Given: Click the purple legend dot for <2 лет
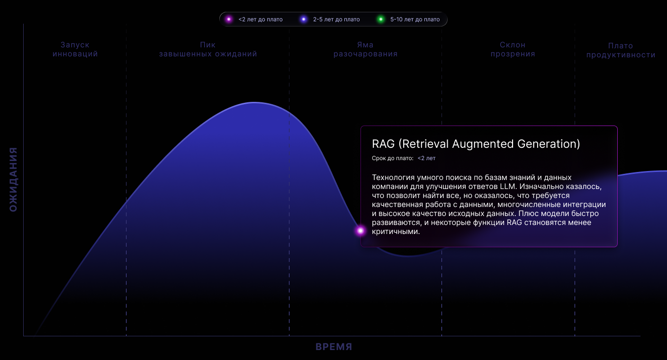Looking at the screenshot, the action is pyautogui.click(x=229, y=19).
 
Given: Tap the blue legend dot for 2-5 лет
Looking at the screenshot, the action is pyautogui.click(x=304, y=19).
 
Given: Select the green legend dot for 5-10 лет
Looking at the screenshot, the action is pyautogui.click(x=380, y=19).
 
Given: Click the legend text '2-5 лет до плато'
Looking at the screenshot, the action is pyautogui.click(x=336, y=19).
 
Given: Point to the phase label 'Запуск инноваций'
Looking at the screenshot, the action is pyautogui.click(x=75, y=49).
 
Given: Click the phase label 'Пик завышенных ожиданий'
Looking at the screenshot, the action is pyautogui.click(x=208, y=49).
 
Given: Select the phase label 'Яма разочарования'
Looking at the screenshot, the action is pyautogui.click(x=365, y=49).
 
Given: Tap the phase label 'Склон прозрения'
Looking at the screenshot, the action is pyautogui.click(x=513, y=49).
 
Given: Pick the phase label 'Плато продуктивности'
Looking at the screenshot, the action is pyautogui.click(x=621, y=50).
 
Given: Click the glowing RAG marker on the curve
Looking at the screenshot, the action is pyautogui.click(x=361, y=231).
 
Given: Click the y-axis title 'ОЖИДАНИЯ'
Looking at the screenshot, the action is pyautogui.click(x=13, y=180).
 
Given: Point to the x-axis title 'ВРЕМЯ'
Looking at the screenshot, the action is pyautogui.click(x=334, y=347).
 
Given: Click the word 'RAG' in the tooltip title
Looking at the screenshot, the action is pyautogui.click(x=383, y=144).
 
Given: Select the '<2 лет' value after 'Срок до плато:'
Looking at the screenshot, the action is pyautogui.click(x=426, y=158).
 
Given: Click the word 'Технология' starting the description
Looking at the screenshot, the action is pyautogui.click(x=393, y=178).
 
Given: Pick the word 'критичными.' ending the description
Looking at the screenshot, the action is pyautogui.click(x=396, y=232).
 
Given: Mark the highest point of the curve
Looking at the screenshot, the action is pyautogui.click(x=254, y=103).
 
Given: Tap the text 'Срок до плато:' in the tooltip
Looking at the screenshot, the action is pyautogui.click(x=392, y=158).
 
